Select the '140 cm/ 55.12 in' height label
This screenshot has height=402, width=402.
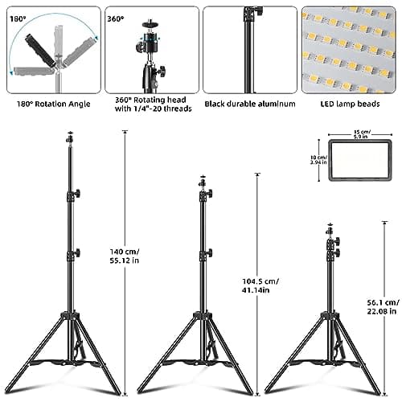125,256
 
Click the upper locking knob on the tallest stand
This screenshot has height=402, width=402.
76,195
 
